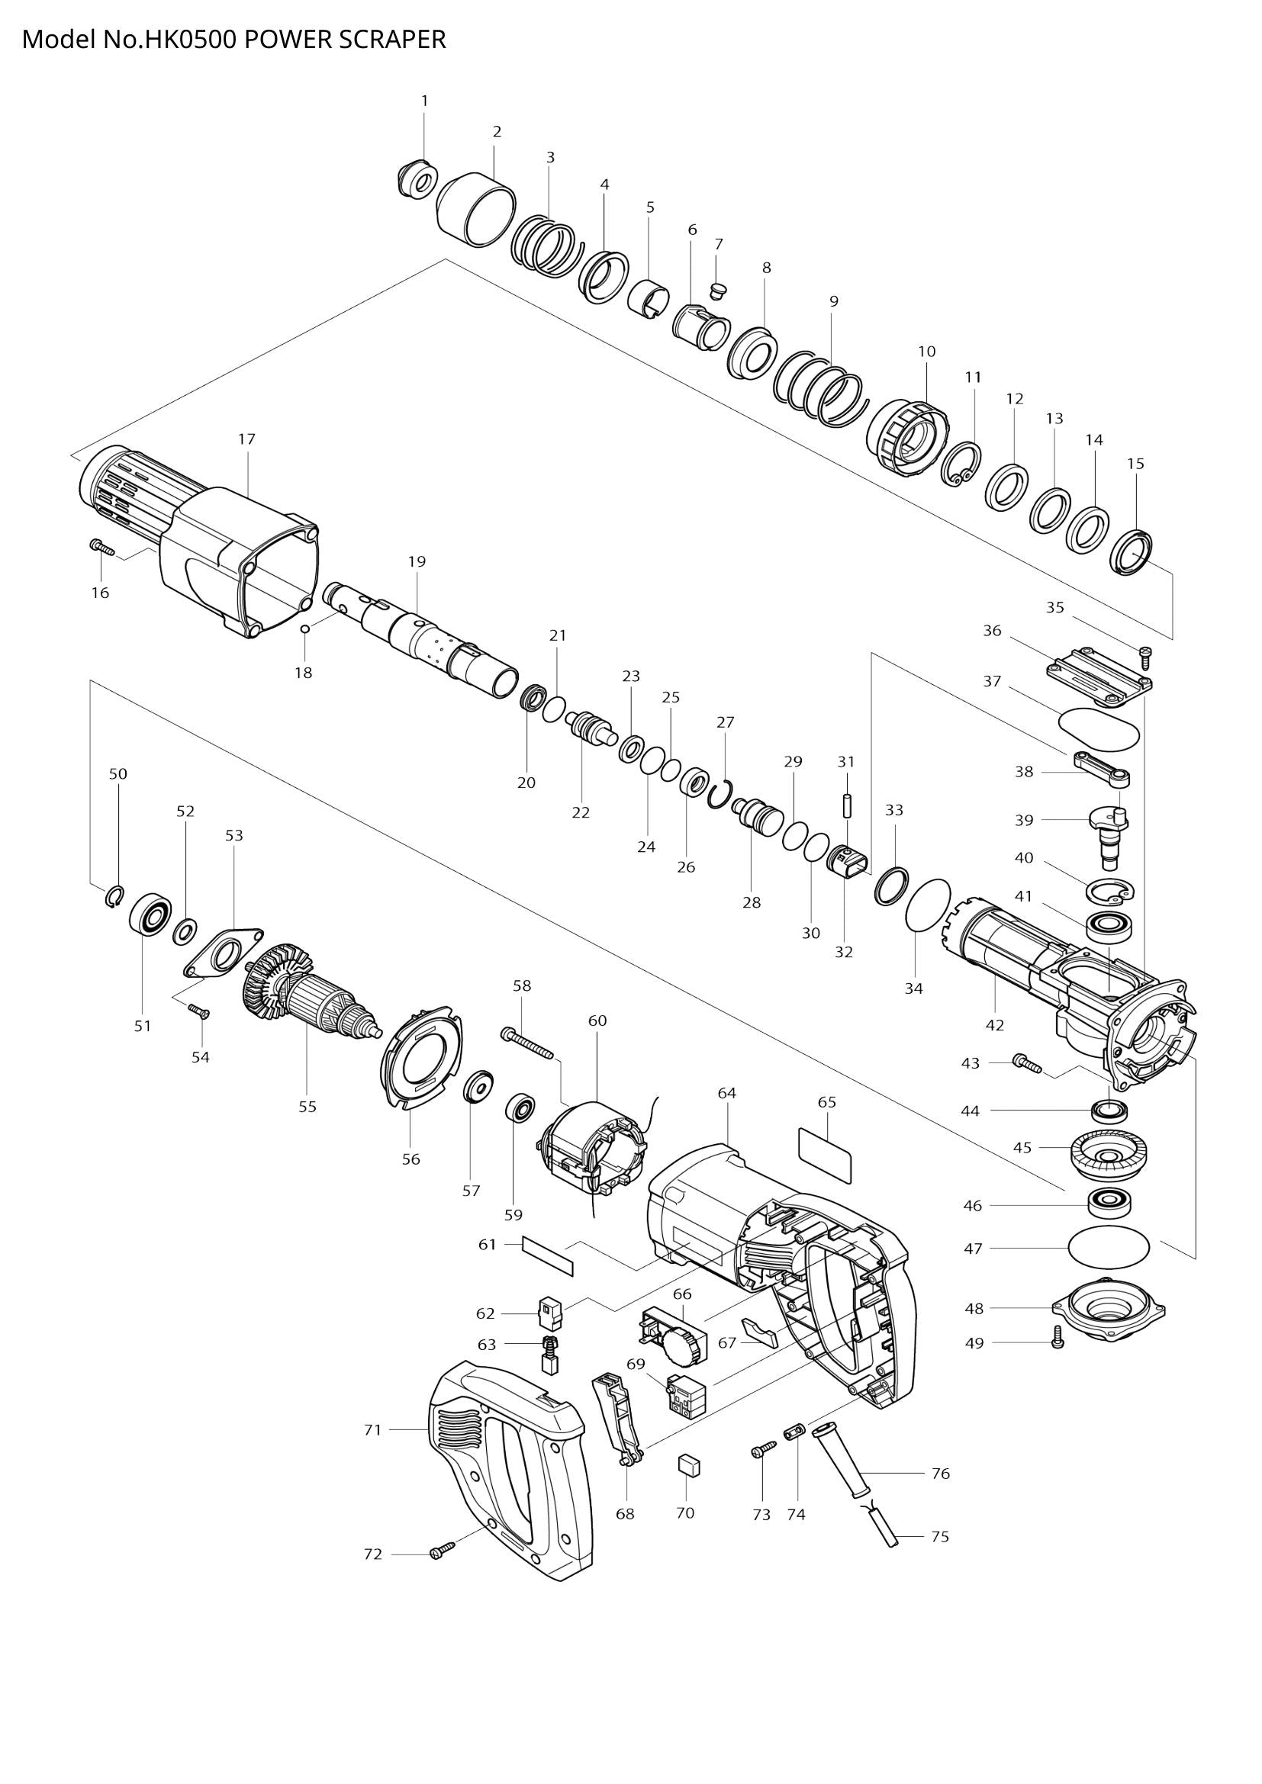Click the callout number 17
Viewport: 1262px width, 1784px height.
tap(246, 439)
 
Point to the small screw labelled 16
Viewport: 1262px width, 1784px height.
tap(101, 548)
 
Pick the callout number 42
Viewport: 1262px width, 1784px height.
tap(995, 1025)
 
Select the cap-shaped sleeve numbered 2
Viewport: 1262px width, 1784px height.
tap(475, 211)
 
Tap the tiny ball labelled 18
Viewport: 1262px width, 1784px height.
tap(305, 628)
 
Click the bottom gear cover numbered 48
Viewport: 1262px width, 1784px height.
tap(1108, 1316)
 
